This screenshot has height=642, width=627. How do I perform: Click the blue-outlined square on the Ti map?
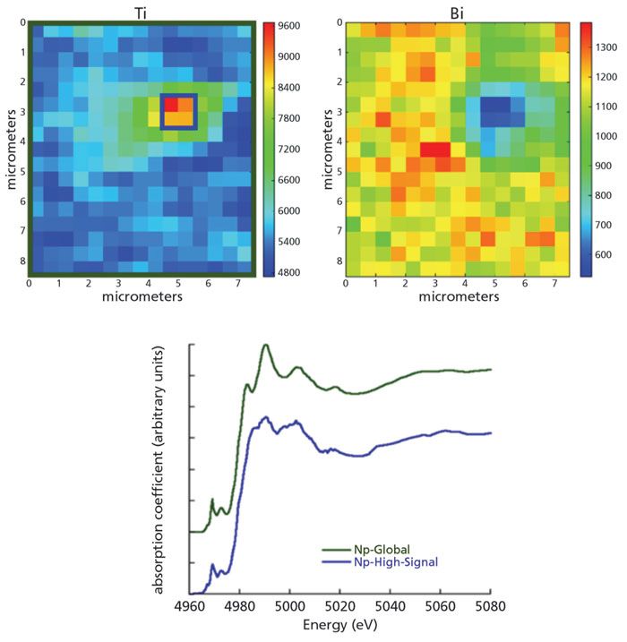click(x=177, y=112)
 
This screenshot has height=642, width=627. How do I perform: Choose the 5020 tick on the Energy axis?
click(x=341, y=606)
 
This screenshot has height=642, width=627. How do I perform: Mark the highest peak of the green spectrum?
click(x=265, y=345)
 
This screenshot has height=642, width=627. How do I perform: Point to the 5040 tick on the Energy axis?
click(x=391, y=606)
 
